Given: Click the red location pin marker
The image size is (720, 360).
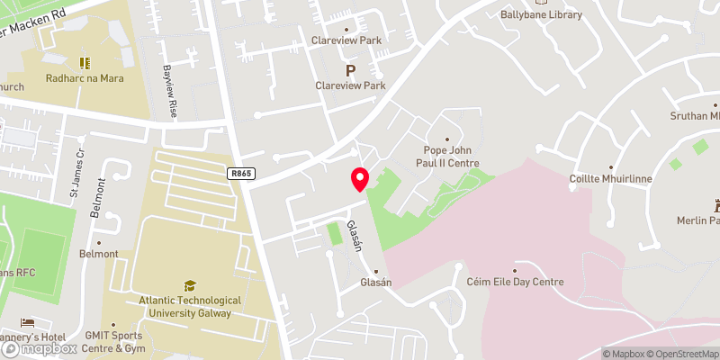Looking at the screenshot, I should point(360,178).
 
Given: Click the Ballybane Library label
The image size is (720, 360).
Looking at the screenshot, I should point(541,14).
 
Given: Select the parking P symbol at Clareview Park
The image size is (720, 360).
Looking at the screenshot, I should point(351,69).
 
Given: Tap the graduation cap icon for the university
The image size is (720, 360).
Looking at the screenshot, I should point(190,285).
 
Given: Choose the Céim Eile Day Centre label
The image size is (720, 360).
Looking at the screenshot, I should point(516,282).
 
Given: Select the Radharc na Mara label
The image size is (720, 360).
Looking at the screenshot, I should point(85,78).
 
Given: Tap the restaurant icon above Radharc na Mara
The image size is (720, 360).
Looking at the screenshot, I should point(85,62).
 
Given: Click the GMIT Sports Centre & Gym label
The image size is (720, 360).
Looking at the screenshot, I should point(113,341).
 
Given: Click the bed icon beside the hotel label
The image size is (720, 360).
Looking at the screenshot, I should point(28,322).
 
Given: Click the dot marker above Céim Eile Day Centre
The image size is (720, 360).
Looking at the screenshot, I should point(516,269).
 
